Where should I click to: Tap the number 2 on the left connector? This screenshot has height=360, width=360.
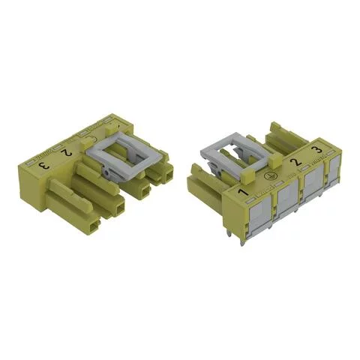pyautogui.click(x=67, y=152)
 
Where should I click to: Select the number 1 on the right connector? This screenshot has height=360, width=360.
pyautogui.click(x=242, y=194)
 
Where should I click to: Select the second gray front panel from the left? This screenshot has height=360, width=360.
pyautogui.click(x=284, y=204)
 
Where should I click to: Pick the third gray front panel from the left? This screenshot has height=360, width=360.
pyautogui.click(x=310, y=191)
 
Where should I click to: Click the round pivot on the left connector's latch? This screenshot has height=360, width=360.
pyautogui.click(x=109, y=172)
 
